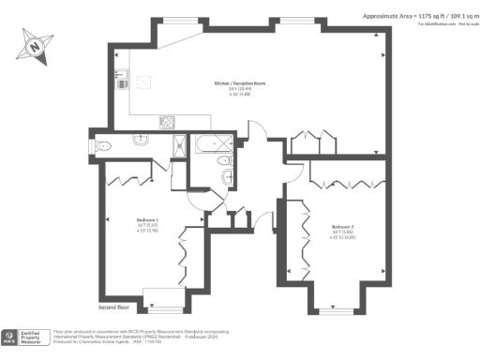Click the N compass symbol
coord(35,42)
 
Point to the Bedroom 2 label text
coord(343,226)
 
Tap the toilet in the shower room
coord(104,144)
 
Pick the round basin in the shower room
coord(140,142)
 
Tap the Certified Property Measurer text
coord(35,338)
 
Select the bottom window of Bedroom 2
coord(334,308)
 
